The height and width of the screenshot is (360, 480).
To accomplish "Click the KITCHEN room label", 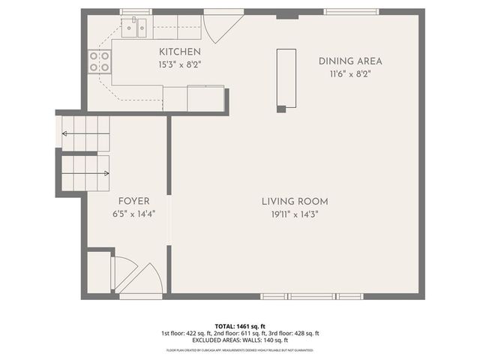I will [x=179, y=51].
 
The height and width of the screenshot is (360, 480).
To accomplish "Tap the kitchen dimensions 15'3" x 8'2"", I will [x=179, y=64].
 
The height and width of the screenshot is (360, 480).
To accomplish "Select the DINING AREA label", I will [x=350, y=61].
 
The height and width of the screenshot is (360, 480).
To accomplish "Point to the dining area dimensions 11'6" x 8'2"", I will [x=350, y=74].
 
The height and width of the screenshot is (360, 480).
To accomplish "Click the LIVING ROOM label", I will [x=295, y=201].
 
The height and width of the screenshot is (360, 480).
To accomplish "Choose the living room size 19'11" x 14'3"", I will [x=295, y=214].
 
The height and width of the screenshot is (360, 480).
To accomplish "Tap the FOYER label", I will [x=133, y=201].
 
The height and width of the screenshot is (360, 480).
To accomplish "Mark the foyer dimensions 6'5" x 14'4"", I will [x=133, y=214].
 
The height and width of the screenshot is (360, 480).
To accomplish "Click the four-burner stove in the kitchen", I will [x=100, y=61].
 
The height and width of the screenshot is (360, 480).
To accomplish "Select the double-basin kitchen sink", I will [x=135, y=29].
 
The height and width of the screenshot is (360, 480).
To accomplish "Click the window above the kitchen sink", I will [x=136, y=11].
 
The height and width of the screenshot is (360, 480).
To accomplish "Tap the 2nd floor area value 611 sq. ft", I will [x=249, y=333].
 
